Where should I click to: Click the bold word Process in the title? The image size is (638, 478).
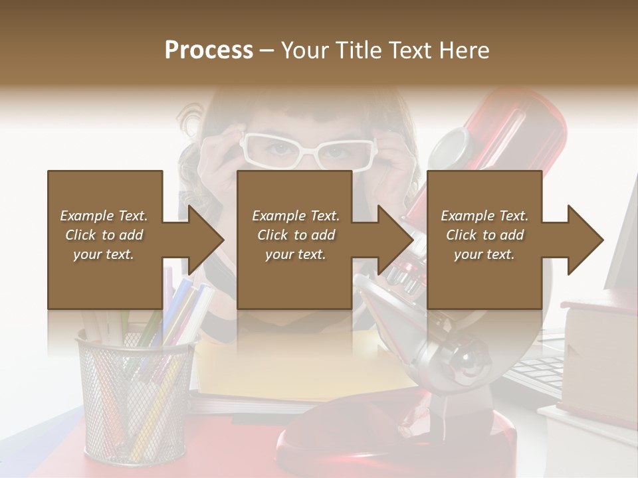point(209,50)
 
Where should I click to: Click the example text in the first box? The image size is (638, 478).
point(104,235)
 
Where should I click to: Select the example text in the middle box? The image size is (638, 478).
point(295,235)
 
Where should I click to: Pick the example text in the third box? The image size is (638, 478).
point(484,235)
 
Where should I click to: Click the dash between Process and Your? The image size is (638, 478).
point(267,50)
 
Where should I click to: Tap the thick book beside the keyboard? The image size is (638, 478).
point(598,358)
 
